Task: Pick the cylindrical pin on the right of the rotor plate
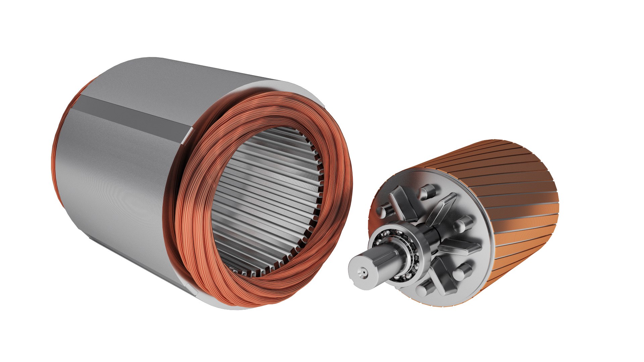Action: coord(464,223)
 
